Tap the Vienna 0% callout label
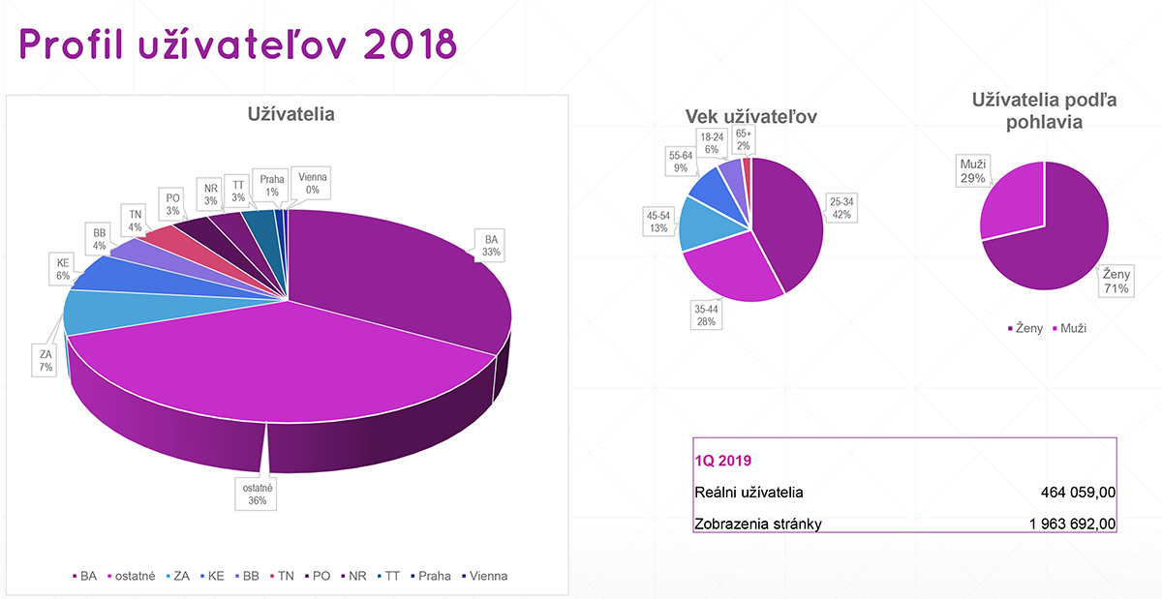[x=313, y=183]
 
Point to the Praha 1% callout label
[x=272, y=184]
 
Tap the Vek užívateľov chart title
[x=751, y=116]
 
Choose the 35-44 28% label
[x=705, y=314]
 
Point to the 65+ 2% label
[x=743, y=139]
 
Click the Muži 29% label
[x=973, y=170]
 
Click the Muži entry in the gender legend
[x=1068, y=328]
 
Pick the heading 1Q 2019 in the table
[x=723, y=461]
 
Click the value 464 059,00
[x=1074, y=493]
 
